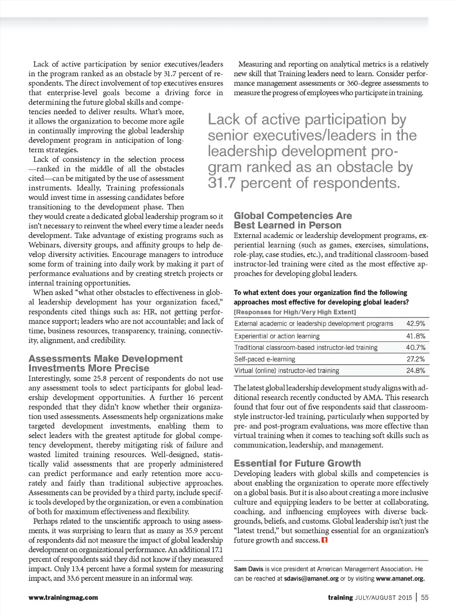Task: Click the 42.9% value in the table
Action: pos(415,324)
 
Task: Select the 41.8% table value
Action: pos(415,336)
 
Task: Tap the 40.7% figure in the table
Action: pos(415,348)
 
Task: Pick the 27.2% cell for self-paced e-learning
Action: pos(415,359)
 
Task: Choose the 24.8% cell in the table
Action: pos(415,371)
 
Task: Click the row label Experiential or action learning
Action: pos(277,336)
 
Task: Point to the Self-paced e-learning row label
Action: pos(265,359)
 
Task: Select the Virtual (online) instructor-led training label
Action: pos(287,371)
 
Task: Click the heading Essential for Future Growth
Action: pos(297,463)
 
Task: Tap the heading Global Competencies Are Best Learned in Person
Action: pos(293,220)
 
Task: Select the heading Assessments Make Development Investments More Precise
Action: pos(105,363)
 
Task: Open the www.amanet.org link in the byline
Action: pos(400,579)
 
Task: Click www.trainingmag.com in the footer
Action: pos(63,597)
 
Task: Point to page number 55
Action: pos(425,597)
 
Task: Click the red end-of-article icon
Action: pos(324,540)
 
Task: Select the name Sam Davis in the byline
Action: pos(249,569)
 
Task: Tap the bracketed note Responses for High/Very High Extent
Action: pos(295,312)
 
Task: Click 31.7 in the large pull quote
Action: pos(221,183)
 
